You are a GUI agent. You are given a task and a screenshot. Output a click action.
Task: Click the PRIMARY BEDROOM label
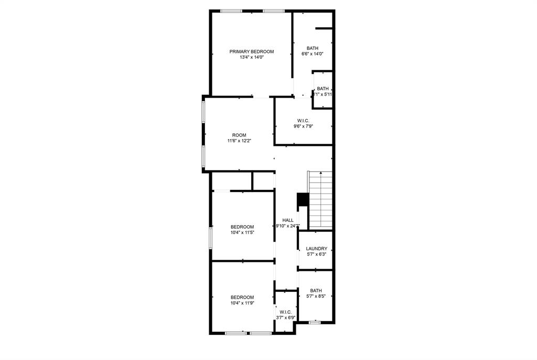(252, 51)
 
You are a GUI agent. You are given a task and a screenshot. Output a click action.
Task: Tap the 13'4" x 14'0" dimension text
(252, 57)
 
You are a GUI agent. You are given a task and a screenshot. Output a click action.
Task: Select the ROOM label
(239, 135)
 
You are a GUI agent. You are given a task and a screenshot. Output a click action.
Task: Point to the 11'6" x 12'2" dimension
(239, 141)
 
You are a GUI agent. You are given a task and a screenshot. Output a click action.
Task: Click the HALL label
(288, 220)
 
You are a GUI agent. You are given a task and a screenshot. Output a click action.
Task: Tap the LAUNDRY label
(317, 249)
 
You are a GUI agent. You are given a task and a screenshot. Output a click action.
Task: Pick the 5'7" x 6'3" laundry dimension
(317, 254)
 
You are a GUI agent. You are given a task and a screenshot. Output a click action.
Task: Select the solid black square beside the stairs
(303, 200)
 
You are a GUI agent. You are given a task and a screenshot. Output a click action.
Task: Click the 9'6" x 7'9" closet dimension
(303, 126)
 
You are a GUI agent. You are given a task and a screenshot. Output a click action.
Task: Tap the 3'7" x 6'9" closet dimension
(286, 317)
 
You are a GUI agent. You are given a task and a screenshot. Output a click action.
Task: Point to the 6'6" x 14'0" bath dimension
(312, 54)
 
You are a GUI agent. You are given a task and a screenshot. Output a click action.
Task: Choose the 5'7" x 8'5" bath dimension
(316, 297)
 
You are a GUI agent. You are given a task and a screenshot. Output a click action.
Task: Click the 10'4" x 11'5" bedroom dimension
(242, 232)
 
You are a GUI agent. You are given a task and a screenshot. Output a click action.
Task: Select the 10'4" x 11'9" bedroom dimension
(242, 303)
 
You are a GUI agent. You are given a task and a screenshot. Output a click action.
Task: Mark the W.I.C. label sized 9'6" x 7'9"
(303, 121)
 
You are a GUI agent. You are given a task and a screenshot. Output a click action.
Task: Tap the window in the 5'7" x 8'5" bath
(315, 322)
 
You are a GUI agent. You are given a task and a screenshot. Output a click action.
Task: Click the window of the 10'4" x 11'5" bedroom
(211, 238)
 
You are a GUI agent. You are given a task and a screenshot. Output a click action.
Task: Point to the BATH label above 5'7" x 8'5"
(316, 291)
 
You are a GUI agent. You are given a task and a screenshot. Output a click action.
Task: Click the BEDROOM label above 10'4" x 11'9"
(242, 297)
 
